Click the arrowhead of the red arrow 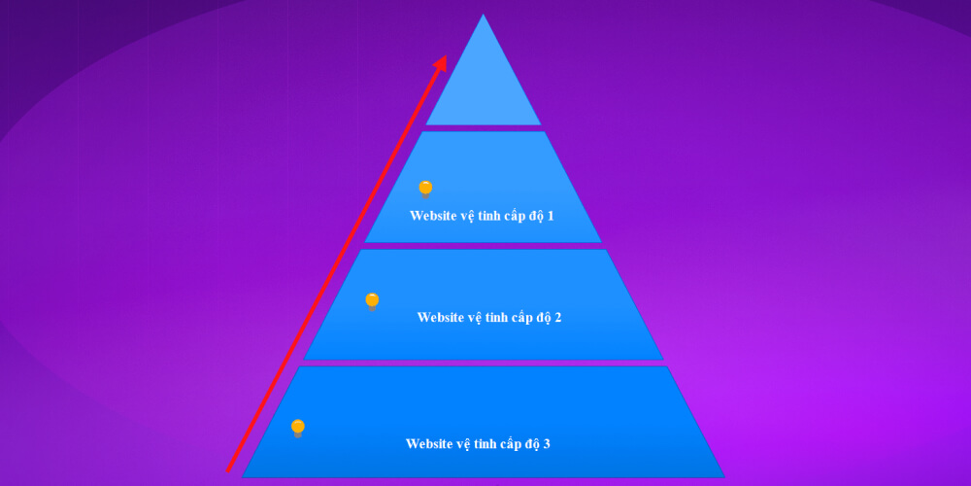click(x=441, y=63)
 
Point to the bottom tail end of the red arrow click(x=228, y=471)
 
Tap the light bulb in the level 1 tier click(x=425, y=190)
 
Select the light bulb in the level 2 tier click(x=372, y=302)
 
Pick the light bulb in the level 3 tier click(x=298, y=429)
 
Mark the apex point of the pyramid click(x=483, y=15)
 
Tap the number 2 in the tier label click(x=557, y=318)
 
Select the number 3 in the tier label click(x=546, y=444)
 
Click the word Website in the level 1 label click(x=432, y=217)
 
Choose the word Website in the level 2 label click(x=440, y=318)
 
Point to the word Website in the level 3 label click(x=428, y=444)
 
